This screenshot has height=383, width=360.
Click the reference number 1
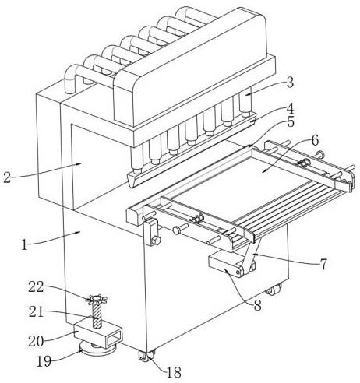(24, 245)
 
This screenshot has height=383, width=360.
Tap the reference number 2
(7, 177)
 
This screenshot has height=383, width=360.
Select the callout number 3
(290, 83)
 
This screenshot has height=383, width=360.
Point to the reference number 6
(315, 140)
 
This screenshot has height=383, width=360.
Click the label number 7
(323, 265)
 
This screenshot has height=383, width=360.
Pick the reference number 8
(257, 306)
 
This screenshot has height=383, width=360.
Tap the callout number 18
(174, 372)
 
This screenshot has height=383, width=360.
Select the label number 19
(44, 361)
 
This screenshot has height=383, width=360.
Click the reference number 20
(36, 341)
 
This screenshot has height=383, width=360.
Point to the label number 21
(36, 311)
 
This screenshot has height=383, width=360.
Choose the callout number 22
(36, 287)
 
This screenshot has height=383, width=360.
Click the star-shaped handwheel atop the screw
(97, 300)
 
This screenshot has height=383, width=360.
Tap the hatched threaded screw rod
(97, 315)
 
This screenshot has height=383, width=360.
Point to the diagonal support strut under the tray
(251, 255)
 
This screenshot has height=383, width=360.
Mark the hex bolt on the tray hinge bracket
(156, 240)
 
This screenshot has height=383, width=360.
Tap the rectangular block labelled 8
(226, 265)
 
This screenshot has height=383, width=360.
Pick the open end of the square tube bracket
(114, 338)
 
